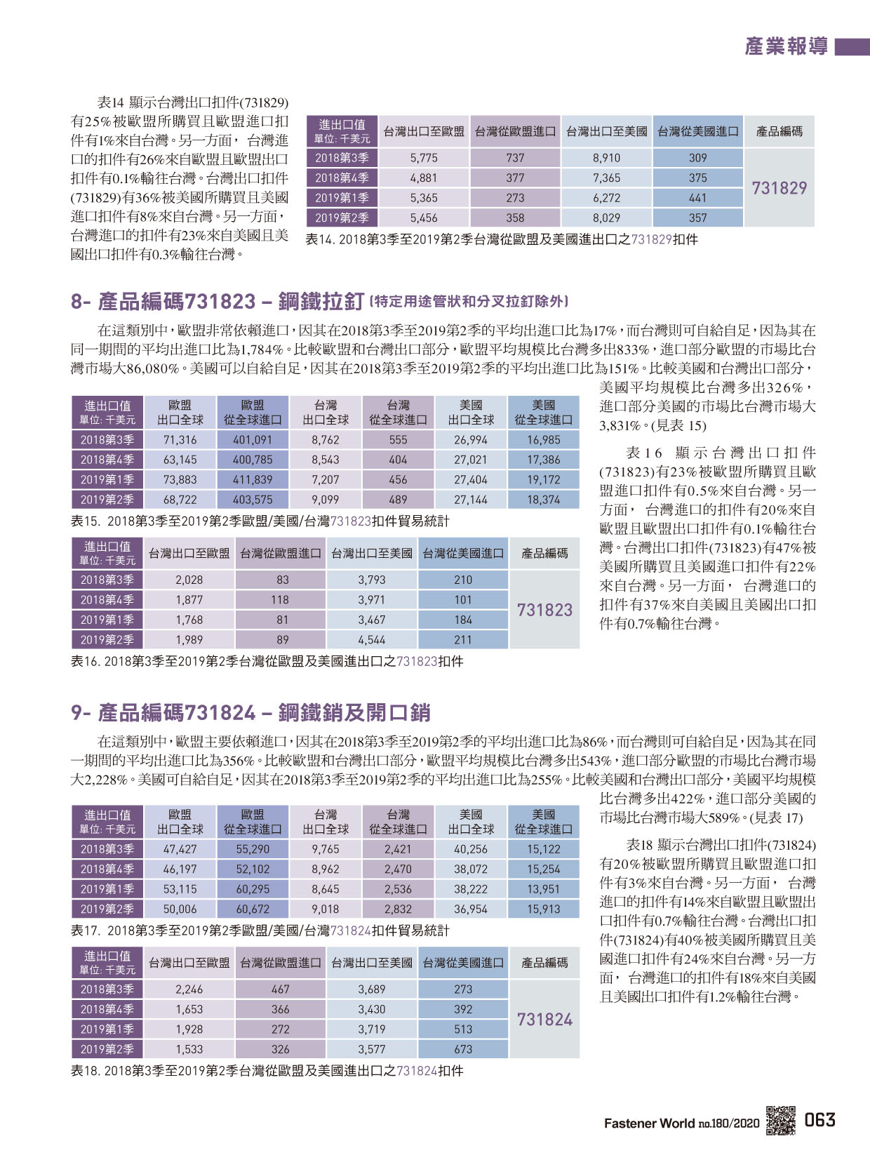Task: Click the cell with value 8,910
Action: click(606, 158)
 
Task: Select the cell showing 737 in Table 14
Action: click(515, 158)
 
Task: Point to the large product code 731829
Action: click(779, 188)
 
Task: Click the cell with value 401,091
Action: click(253, 440)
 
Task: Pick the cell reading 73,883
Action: click(180, 480)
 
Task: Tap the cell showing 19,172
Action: click(544, 480)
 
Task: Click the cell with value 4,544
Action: click(372, 640)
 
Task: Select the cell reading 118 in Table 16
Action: click(280, 600)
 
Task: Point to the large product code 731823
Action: click(544, 611)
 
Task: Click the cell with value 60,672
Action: click(253, 909)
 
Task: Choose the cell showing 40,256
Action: click(471, 849)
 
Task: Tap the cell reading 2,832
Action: click(399, 909)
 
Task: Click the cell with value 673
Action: click(463, 1050)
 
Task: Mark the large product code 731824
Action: click(544, 1020)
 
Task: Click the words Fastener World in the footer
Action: click(649, 1124)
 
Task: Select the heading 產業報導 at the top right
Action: click(786, 46)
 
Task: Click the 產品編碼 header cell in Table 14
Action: click(779, 132)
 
